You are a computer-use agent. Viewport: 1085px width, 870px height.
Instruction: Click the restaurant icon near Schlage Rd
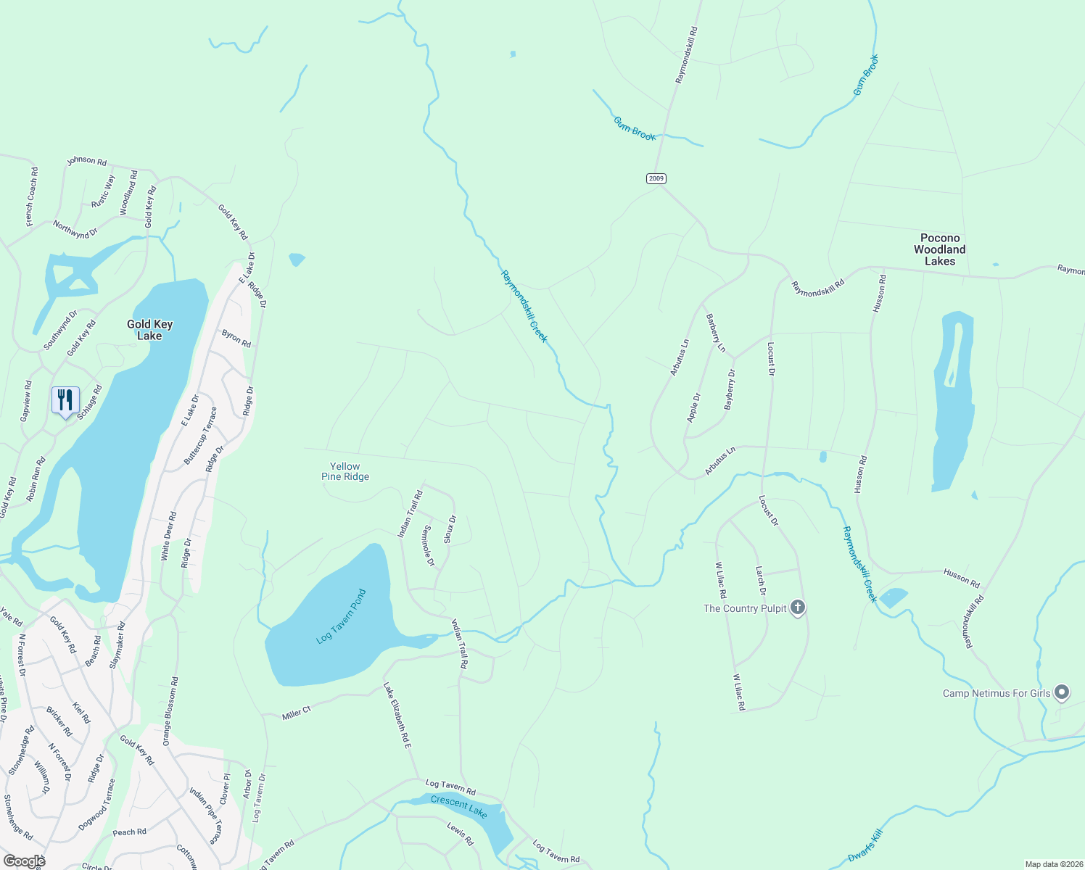pyautogui.click(x=65, y=400)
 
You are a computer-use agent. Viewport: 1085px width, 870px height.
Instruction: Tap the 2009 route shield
pyautogui.click(x=656, y=178)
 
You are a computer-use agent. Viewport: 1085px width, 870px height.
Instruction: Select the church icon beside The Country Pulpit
pyautogui.click(x=798, y=608)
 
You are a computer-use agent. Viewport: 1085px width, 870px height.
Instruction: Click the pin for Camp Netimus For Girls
pyautogui.click(x=1062, y=693)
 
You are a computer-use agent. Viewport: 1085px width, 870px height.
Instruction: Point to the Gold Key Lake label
pyautogui.click(x=149, y=330)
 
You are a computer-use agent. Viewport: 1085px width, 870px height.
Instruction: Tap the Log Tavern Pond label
pyautogui.click(x=342, y=617)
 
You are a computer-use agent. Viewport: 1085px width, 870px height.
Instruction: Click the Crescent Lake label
pyautogui.click(x=459, y=805)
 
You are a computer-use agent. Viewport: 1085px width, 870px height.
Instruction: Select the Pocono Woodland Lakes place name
pyautogui.click(x=939, y=249)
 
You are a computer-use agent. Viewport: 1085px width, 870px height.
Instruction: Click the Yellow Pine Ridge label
pyautogui.click(x=345, y=471)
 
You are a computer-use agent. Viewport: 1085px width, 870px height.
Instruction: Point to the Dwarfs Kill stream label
pyautogui.click(x=866, y=845)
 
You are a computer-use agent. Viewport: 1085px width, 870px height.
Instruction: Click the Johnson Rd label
pyautogui.click(x=87, y=160)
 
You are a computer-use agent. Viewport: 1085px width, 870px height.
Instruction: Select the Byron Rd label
pyautogui.click(x=236, y=338)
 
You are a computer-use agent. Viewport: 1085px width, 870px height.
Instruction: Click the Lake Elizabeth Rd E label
pyautogui.click(x=397, y=715)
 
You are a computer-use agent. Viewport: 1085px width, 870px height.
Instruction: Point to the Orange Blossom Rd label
pyautogui.click(x=170, y=711)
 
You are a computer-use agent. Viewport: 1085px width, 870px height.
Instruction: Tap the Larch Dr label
pyautogui.click(x=761, y=580)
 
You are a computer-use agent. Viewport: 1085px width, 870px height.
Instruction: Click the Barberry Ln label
pyautogui.click(x=715, y=333)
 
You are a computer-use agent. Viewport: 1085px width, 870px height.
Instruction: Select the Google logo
pyautogui.click(x=24, y=861)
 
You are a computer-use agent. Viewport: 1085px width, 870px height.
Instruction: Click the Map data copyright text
pyautogui.click(x=1053, y=864)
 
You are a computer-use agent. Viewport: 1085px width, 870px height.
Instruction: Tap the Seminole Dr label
pyautogui.click(x=429, y=546)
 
